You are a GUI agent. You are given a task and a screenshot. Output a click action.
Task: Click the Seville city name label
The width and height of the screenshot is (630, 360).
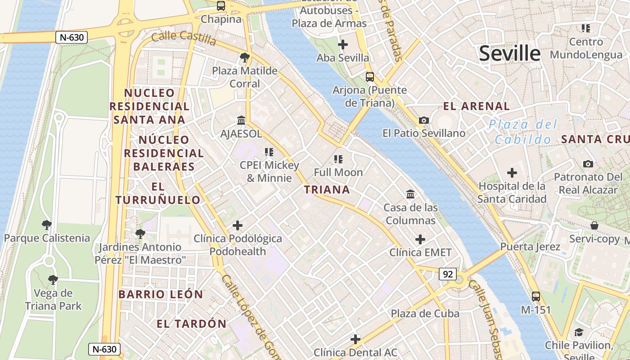pyautogui.click(x=509, y=54)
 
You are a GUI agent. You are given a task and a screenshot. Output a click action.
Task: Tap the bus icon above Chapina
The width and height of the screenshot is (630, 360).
pyautogui.click(x=220, y=6)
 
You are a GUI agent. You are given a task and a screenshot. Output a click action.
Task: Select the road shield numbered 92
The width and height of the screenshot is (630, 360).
pyautogui.click(x=448, y=274)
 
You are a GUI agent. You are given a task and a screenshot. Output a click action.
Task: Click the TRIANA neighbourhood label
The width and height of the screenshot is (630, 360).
pyautogui.click(x=327, y=189)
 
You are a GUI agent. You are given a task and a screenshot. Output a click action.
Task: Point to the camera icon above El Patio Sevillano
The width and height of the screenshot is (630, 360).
pyautogui.click(x=423, y=120)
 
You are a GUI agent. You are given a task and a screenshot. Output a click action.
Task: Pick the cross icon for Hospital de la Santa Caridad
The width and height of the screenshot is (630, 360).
pyautogui.click(x=512, y=173)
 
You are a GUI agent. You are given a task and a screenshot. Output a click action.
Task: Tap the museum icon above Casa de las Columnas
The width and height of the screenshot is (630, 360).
pyautogui.click(x=410, y=194)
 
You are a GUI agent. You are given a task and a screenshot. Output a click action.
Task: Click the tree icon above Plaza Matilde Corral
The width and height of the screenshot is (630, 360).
pyautogui.click(x=245, y=58)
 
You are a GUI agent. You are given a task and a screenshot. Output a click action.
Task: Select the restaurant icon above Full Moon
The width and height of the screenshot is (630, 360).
pyautogui.click(x=338, y=159)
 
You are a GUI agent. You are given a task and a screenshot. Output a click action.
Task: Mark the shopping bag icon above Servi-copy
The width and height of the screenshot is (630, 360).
pyautogui.click(x=594, y=225)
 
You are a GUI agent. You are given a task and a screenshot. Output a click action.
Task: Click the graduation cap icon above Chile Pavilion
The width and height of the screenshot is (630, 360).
pyautogui.click(x=579, y=333)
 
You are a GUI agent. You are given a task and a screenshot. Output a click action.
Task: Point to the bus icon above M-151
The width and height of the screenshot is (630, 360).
pyautogui.click(x=535, y=297)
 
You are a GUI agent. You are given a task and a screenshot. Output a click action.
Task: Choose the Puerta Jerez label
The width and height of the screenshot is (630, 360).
pyautogui.click(x=530, y=247)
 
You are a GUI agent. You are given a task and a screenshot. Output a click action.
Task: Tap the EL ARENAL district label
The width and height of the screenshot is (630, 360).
pyautogui.click(x=477, y=106)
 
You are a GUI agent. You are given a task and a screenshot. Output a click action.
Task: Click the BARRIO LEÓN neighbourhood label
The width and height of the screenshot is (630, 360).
pyautogui.click(x=161, y=294)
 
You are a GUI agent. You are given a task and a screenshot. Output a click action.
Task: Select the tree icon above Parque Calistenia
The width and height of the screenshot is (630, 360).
pyautogui.click(x=46, y=225)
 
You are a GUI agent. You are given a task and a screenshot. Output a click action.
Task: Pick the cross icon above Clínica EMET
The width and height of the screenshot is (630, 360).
pyautogui.click(x=420, y=239)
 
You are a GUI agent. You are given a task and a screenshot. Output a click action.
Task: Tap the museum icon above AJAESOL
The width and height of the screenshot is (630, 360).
pyautogui.click(x=241, y=121)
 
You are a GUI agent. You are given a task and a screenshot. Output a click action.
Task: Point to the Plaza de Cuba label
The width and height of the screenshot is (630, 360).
pyautogui.click(x=425, y=314)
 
